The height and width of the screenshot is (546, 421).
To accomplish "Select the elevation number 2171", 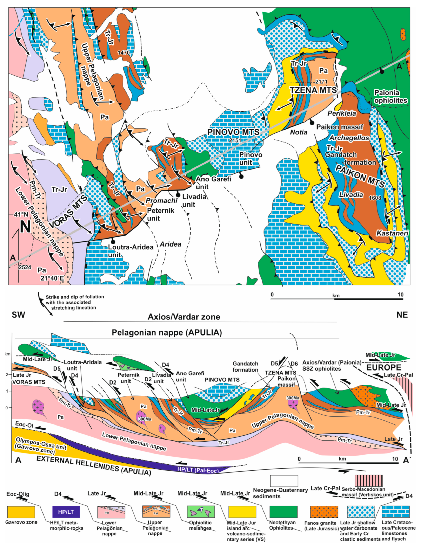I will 321,82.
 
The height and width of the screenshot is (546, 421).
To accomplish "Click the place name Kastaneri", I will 392,233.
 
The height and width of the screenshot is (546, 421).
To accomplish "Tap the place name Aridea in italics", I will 171,244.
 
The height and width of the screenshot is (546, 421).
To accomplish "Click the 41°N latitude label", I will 21,214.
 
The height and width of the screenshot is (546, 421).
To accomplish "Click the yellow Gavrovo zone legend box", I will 21,512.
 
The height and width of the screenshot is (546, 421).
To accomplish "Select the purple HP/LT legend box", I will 66,512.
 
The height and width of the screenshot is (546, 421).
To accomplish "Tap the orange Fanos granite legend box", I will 324,512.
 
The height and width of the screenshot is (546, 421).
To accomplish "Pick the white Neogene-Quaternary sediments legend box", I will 284,481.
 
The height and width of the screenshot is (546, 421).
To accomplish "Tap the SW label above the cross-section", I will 18,315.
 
